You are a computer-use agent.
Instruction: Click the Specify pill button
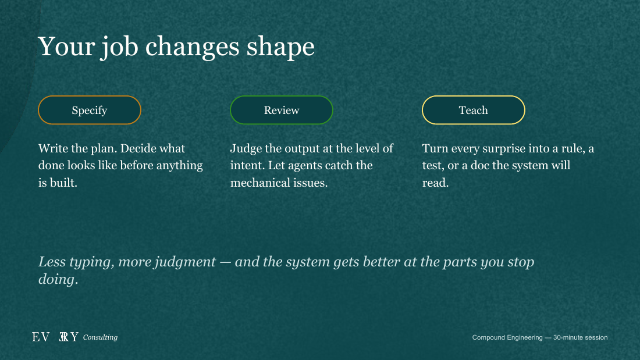[x=90, y=110]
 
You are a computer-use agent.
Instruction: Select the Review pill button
[x=282, y=110]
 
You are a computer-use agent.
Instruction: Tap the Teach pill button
[x=474, y=110]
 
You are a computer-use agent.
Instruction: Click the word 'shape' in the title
[x=280, y=47]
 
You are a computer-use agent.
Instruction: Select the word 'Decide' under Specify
[x=137, y=148]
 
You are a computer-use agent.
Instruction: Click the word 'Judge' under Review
[x=246, y=149]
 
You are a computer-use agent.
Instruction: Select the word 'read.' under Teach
[x=436, y=183]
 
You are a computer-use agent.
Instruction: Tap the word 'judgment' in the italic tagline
[x=187, y=262]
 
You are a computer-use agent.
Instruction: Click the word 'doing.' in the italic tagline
[x=58, y=280]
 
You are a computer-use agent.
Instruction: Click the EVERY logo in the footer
[x=55, y=337]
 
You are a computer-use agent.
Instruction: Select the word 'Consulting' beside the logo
[x=101, y=337]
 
